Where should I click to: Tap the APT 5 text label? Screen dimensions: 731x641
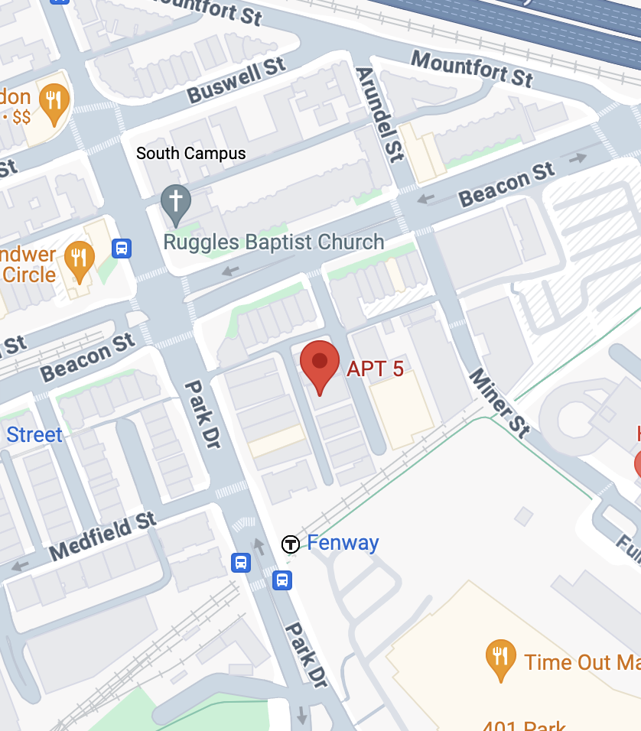[x=375, y=369]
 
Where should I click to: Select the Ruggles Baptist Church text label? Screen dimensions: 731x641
[x=274, y=242]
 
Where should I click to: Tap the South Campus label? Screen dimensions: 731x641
[x=191, y=154]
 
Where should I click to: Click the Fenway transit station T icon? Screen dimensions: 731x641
[x=291, y=544]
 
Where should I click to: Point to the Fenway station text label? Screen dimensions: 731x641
[x=343, y=543]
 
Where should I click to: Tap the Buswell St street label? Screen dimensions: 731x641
[x=236, y=80]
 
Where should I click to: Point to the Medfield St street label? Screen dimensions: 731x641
[x=102, y=537]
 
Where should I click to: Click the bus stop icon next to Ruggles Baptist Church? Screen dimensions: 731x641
[x=122, y=248]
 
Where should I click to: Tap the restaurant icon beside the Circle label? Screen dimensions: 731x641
[x=79, y=257]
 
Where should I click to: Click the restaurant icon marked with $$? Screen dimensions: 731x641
[x=54, y=101]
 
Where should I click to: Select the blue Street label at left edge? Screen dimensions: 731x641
[x=34, y=435]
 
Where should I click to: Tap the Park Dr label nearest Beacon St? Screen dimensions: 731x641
[x=203, y=414]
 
